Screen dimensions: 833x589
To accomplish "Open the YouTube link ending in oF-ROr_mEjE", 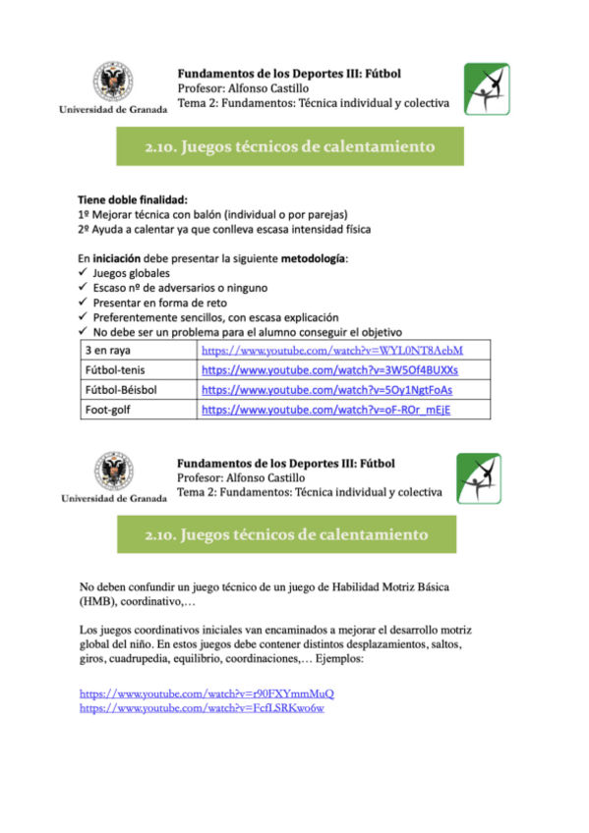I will (x=324, y=410).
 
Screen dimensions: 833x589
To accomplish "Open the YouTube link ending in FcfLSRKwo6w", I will (x=202, y=707).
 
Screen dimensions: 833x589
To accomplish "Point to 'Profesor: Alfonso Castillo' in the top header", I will (x=248, y=87).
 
